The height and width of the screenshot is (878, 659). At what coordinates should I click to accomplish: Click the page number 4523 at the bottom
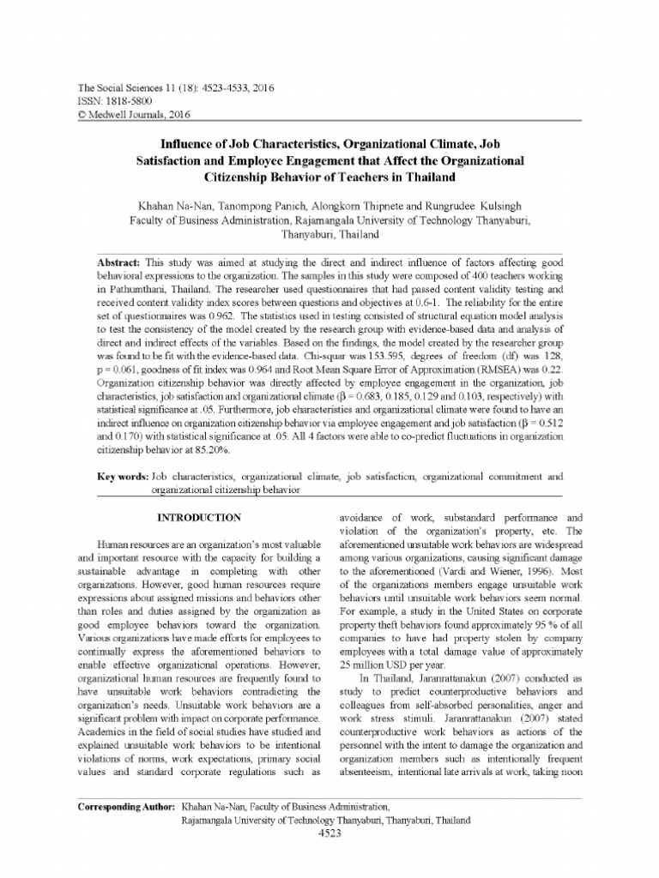coord(330,833)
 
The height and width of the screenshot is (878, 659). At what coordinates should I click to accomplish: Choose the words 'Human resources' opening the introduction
coord(137,544)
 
